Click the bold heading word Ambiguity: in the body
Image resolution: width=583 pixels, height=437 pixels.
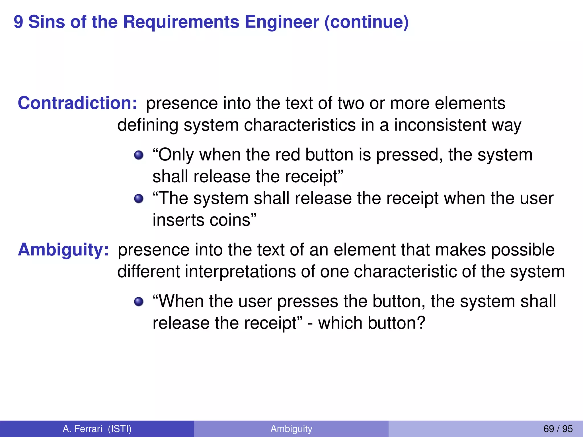(63, 250)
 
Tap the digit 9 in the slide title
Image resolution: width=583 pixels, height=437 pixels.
(18, 22)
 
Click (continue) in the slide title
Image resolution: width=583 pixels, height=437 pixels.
(366, 22)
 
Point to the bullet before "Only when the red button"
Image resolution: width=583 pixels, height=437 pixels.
(139, 155)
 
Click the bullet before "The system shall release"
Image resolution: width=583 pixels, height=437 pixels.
(139, 198)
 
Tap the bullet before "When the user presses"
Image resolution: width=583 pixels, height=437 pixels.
(139, 302)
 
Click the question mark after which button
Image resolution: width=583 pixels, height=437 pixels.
(421, 323)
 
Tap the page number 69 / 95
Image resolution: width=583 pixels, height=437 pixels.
(558, 429)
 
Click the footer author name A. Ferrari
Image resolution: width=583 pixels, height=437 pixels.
(82, 429)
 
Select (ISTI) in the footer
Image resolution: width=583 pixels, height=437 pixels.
(120, 429)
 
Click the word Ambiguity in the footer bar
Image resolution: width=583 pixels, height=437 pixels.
(291, 429)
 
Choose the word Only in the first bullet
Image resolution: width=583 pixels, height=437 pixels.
(176, 155)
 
